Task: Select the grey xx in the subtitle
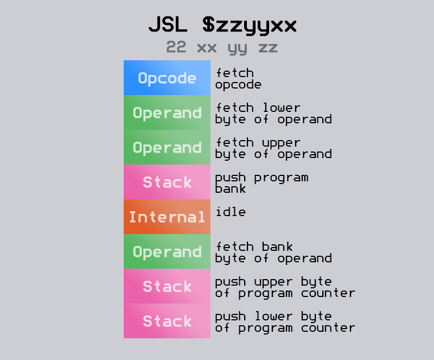[x=207, y=47]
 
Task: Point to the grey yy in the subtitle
[x=238, y=48]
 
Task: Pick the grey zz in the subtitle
[x=268, y=47]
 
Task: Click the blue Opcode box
[x=167, y=78]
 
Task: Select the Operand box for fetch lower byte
[x=167, y=113]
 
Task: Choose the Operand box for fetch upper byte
[x=167, y=148]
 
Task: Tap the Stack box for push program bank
[x=167, y=182]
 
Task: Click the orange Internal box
[x=167, y=217]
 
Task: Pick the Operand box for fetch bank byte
[x=167, y=252]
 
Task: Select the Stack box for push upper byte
[x=167, y=287]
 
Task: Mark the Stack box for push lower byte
[x=167, y=321]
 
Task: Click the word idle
[x=231, y=211]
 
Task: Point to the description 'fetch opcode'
[x=238, y=79]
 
